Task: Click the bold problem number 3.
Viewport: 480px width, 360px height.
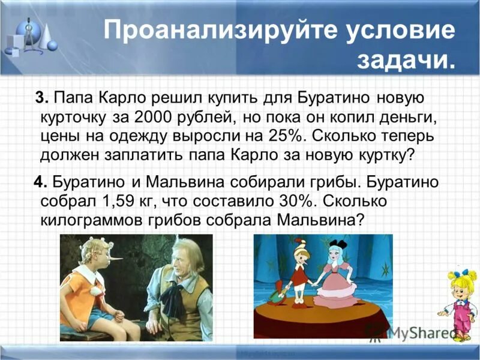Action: tap(40, 97)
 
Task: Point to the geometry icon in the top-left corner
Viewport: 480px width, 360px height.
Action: tap(30, 36)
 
